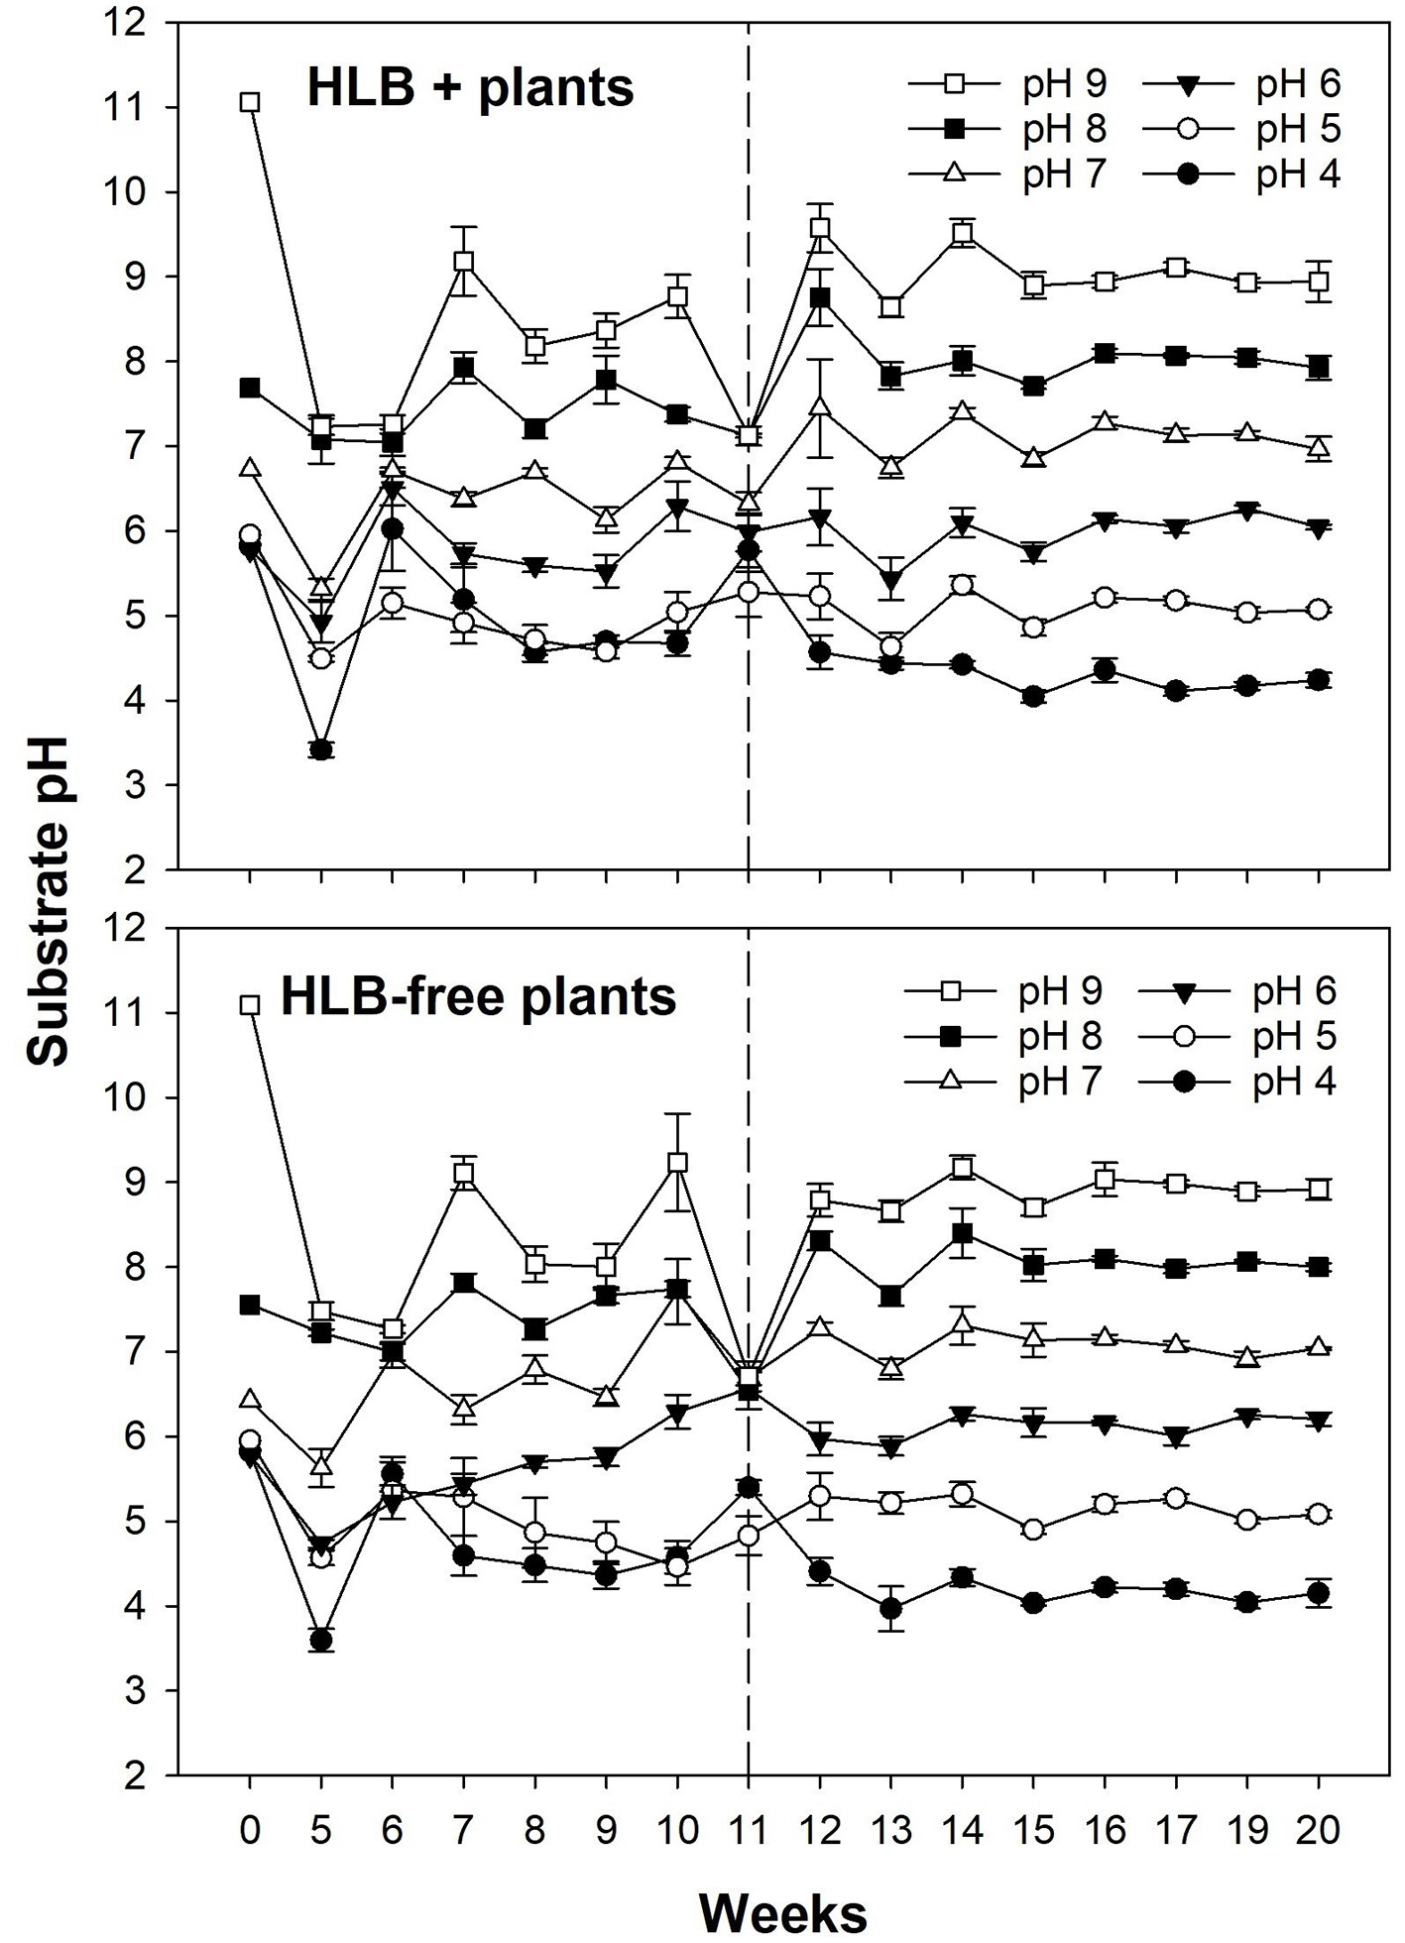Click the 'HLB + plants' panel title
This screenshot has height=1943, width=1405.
click(470, 89)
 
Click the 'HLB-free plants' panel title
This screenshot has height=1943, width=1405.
click(478, 996)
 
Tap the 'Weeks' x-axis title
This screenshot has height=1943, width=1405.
click(782, 1910)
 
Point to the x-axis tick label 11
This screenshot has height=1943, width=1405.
click(748, 1829)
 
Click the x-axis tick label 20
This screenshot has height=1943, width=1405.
click(1318, 1829)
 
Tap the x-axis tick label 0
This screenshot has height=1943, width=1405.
click(250, 1829)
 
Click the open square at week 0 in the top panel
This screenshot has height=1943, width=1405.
click(251, 102)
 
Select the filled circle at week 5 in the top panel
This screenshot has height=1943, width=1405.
click(320, 749)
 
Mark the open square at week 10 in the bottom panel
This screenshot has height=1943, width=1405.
click(677, 1163)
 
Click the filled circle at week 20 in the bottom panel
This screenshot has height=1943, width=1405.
click(1318, 1593)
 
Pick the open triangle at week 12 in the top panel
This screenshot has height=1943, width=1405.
click(819, 406)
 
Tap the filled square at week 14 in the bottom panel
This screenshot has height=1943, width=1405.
click(962, 1234)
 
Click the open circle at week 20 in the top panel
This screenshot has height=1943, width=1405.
click(1318, 610)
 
